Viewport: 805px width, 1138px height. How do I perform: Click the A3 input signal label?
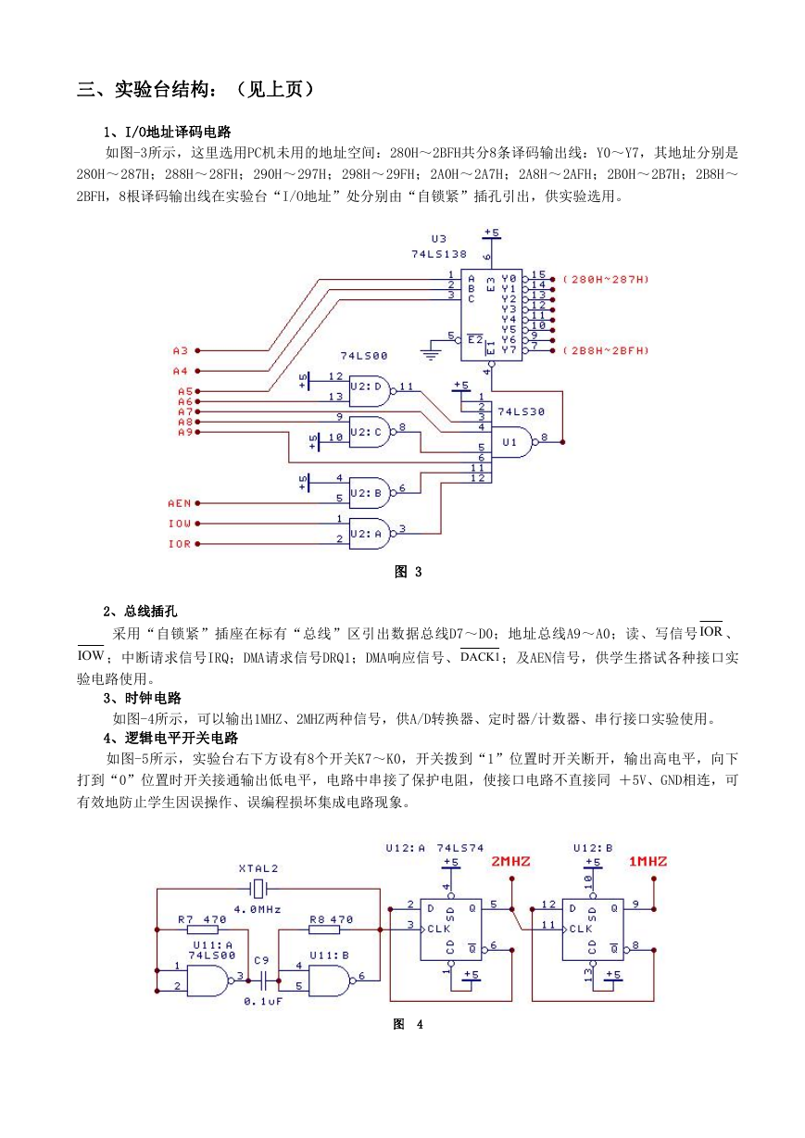pyautogui.click(x=181, y=350)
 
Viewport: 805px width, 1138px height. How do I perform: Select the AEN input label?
pyautogui.click(x=180, y=503)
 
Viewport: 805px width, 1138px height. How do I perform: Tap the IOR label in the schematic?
pyautogui.click(x=180, y=544)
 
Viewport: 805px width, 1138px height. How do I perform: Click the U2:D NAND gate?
pyautogui.click(x=370, y=391)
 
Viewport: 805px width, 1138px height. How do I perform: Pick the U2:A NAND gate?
pyautogui.click(x=370, y=534)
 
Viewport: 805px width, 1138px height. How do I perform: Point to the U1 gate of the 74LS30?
pyautogui.click(x=514, y=442)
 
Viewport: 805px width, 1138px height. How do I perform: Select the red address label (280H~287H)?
pyautogui.click(x=606, y=280)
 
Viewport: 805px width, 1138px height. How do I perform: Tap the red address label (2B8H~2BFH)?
pyautogui.click(x=606, y=350)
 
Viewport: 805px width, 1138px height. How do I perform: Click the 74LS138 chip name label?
pyautogui.click(x=439, y=254)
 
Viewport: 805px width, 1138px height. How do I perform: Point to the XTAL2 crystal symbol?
pyautogui.click(x=258, y=889)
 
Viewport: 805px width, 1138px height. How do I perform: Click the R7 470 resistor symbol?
pyautogui.click(x=203, y=929)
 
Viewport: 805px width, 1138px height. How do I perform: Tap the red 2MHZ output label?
pyautogui.click(x=510, y=862)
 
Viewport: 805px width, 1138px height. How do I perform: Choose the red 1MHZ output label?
pyautogui.click(x=648, y=862)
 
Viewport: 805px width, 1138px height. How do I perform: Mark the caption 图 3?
pyautogui.click(x=409, y=572)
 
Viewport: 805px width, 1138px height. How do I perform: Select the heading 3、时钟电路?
pyautogui.click(x=143, y=698)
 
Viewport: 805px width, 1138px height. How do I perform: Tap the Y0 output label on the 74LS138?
pyautogui.click(x=509, y=279)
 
